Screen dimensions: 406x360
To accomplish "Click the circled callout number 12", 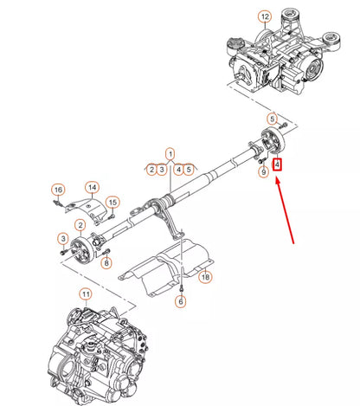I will [x=265, y=16].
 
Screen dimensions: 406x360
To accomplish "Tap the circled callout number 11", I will [x=85, y=294].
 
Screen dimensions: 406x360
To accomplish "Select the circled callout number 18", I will [x=205, y=277].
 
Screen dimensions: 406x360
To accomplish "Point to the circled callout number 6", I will [x=181, y=301].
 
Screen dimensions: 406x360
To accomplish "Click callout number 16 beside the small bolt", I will [x=57, y=190].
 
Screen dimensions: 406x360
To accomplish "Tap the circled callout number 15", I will [x=112, y=203].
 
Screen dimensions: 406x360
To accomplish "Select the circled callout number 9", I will [x=264, y=173].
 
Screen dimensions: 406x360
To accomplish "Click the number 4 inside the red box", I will [x=277, y=164].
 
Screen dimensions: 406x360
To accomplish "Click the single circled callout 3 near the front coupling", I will [x=62, y=237].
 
